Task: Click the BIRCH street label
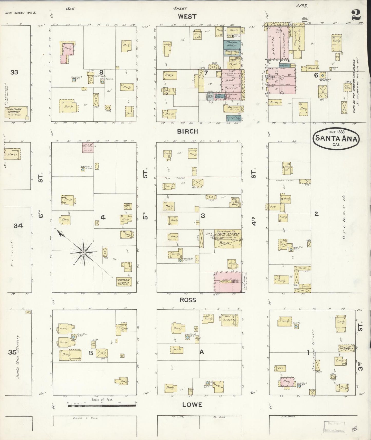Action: click(187, 131)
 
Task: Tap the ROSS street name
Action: click(188, 300)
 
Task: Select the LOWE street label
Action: click(192, 405)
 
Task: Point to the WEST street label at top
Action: click(187, 17)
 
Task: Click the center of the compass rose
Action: click(84, 253)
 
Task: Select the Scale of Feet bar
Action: click(102, 406)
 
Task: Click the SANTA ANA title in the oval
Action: click(336, 138)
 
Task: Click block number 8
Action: click(101, 72)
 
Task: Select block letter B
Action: click(91, 353)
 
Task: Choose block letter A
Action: click(202, 352)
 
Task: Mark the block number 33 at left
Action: click(14, 72)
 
